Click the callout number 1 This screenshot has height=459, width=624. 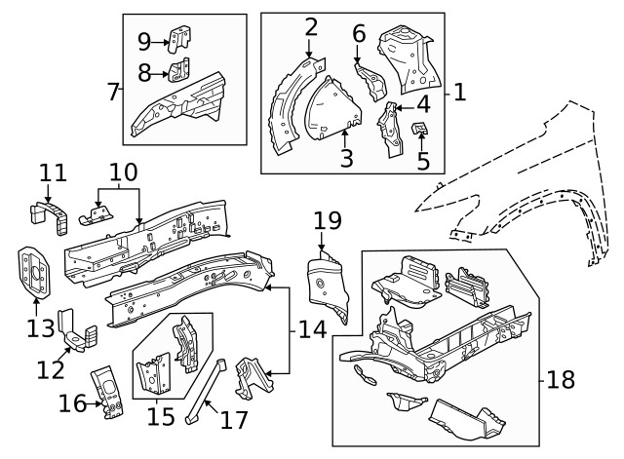click(459, 94)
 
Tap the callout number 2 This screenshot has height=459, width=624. click(311, 26)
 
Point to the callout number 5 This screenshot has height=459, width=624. click(423, 160)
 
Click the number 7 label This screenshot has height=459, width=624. click(114, 94)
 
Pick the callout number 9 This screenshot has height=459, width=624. click(143, 41)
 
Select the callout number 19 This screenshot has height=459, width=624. click(327, 220)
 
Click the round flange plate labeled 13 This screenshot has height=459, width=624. click(35, 273)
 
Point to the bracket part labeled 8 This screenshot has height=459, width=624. click(178, 71)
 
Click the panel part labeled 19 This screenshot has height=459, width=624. click(326, 282)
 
